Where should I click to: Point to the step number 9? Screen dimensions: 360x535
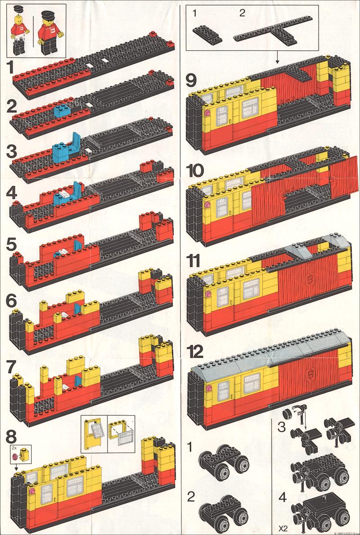(x=192, y=81)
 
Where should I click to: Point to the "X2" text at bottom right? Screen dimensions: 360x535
(x=282, y=529)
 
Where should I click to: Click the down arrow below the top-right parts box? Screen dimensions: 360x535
(x=277, y=57)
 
